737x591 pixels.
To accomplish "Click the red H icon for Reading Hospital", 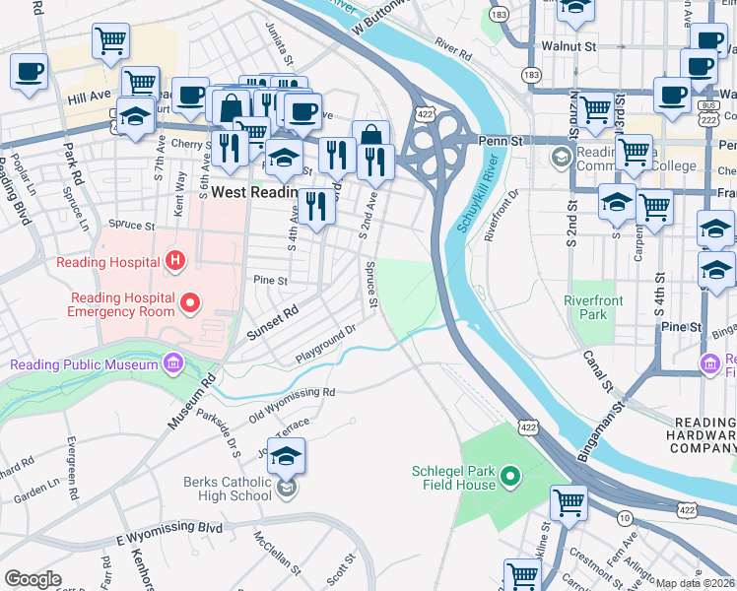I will click(175, 261).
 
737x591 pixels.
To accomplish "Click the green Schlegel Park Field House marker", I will click(509, 478).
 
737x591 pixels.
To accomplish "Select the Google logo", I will click(33, 578).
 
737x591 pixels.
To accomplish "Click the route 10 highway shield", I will click(625, 518).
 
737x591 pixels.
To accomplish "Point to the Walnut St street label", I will click(569, 45).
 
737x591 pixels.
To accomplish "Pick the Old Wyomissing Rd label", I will click(292, 404).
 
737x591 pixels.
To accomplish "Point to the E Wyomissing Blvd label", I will click(169, 533).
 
